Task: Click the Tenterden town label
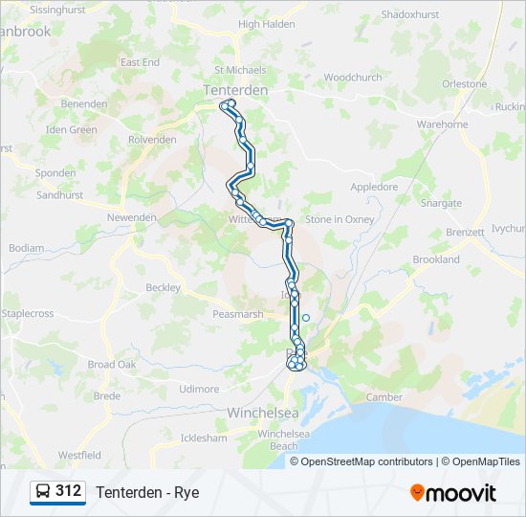[x=235, y=90]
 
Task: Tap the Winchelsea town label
[x=263, y=413]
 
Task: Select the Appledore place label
[x=374, y=187]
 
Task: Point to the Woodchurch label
[x=352, y=78]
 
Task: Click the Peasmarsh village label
[x=238, y=314]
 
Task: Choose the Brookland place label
[x=436, y=259]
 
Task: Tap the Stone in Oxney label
[x=340, y=219]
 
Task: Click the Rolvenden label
[x=153, y=140]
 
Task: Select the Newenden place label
[x=131, y=217]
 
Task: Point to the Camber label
[x=384, y=396]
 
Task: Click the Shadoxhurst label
[x=410, y=15]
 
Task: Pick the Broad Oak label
[x=113, y=365]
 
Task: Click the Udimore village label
[x=199, y=389]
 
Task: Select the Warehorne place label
[x=442, y=124]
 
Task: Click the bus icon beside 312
[x=43, y=492]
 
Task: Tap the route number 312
[x=69, y=491]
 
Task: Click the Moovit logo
[x=453, y=492]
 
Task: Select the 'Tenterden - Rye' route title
[x=147, y=492]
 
